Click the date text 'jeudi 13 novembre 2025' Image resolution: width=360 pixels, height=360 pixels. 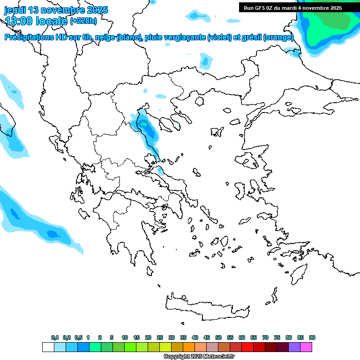pyautogui.click(x=56, y=10)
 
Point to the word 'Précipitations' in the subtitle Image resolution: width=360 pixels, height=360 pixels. pyautogui.click(x=28, y=37)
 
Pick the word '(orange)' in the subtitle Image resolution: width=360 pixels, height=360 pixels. pyautogui.click(x=278, y=37)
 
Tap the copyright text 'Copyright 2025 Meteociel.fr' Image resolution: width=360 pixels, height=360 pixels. pyautogui.click(x=199, y=357)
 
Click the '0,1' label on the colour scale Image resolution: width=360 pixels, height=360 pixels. pyautogui.click(x=55, y=337)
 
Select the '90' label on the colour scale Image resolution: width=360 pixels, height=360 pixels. pyautogui.click(x=312, y=337)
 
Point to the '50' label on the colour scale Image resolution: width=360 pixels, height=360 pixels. pyautogui.click(x=218, y=337)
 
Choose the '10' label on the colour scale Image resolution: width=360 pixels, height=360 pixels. pyautogui.click(x=125, y=337)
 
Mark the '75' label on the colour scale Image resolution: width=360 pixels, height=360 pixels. pyautogui.click(x=277, y=337)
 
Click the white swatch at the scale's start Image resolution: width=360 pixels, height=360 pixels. pyautogui.click(x=48, y=347)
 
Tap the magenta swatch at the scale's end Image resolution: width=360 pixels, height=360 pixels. pyautogui.click(x=306, y=347)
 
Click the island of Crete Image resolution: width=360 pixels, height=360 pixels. pyautogui.click(x=211, y=307)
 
